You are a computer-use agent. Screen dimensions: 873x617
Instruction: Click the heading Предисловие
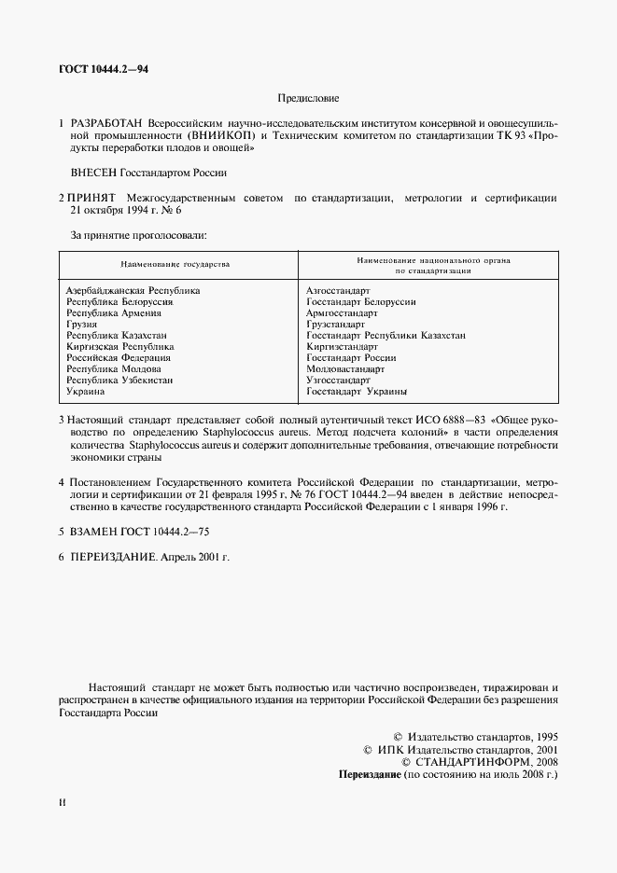pyautogui.click(x=308, y=97)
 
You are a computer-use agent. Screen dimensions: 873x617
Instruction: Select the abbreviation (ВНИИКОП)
pyautogui.click(x=226, y=136)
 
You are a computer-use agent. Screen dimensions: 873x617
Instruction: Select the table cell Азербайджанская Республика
pyautogui.click(x=133, y=291)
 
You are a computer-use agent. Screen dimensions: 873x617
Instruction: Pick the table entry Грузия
pyautogui.click(x=82, y=325)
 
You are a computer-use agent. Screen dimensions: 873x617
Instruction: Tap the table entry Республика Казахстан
pyautogui.click(x=117, y=336)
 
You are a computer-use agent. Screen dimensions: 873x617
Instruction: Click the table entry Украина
pyautogui.click(x=86, y=392)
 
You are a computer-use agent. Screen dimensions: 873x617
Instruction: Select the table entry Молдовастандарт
pyautogui.click(x=345, y=369)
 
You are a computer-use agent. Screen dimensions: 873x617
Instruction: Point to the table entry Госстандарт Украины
pyautogui.click(x=357, y=392)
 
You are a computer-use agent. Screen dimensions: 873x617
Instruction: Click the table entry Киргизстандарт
pyautogui.click(x=342, y=347)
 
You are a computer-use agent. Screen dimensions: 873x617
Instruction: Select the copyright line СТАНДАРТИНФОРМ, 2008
pyautogui.click(x=479, y=761)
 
